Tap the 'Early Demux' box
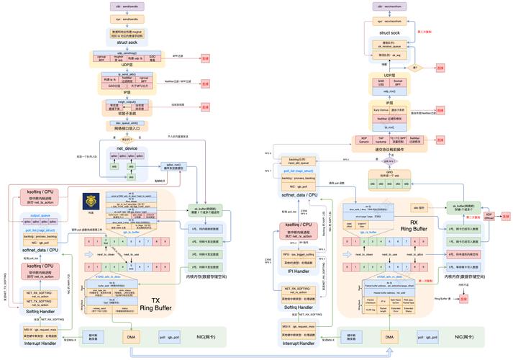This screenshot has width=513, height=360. (380, 109)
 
